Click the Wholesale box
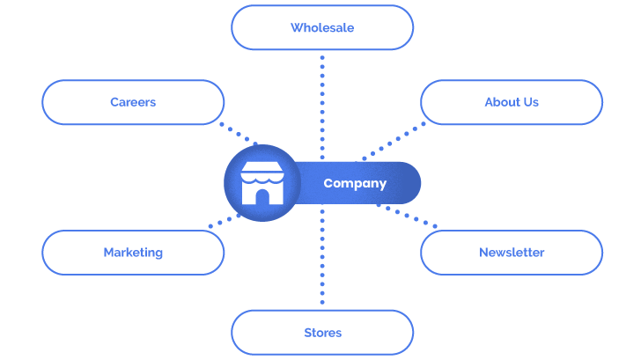(321, 27)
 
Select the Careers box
(133, 102)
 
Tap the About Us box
(511, 102)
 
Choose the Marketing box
(133, 253)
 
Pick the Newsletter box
(511, 253)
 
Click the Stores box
(321, 333)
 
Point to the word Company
(354, 184)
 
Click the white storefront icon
(262, 183)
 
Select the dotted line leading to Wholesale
(322, 106)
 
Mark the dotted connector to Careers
(239, 135)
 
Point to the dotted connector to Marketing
(225, 220)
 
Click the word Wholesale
(321, 27)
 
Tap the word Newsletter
(511, 253)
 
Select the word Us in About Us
(529, 102)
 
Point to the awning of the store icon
(262, 171)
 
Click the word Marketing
(133, 253)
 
